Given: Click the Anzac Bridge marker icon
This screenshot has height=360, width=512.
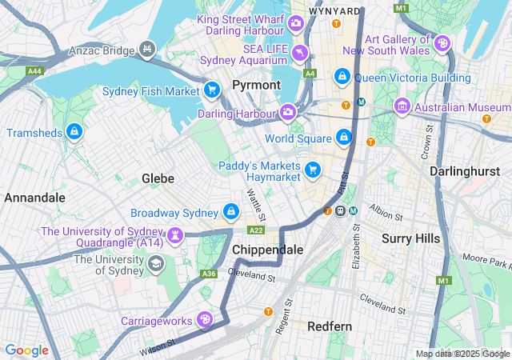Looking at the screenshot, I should (x=146, y=50).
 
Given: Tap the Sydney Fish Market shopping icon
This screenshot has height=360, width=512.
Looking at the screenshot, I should (x=211, y=90).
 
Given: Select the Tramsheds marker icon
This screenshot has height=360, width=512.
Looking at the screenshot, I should (x=74, y=130).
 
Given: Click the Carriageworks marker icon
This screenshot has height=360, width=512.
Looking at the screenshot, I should (x=206, y=320).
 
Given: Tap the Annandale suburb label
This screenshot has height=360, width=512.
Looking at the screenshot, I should (x=34, y=197).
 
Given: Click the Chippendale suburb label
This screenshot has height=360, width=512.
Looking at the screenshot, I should (x=267, y=250).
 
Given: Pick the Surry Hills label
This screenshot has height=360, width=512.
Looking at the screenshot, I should (x=410, y=238).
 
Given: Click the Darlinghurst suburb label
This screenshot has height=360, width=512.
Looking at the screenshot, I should (x=465, y=171).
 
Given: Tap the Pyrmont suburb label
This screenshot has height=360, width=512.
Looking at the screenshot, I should (x=256, y=84).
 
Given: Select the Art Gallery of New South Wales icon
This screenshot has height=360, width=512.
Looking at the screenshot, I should (x=442, y=42).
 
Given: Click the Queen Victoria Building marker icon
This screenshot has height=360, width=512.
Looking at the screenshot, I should (x=342, y=77).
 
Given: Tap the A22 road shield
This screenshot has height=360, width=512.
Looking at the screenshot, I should (x=256, y=230).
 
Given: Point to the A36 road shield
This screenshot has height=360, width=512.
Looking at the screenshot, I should (x=209, y=274).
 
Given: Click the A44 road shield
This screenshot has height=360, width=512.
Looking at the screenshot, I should (x=34, y=71).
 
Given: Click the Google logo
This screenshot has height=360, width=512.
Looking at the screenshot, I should (x=27, y=350).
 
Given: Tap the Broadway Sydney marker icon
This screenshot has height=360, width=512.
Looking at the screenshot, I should (x=230, y=212).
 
